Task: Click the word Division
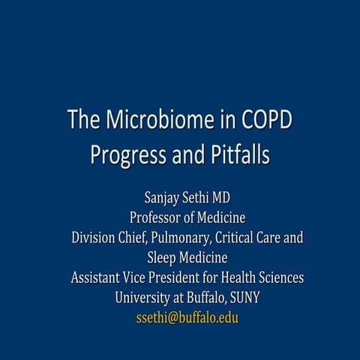click(94, 238)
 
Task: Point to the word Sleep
click(153, 258)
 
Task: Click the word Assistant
click(98, 277)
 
